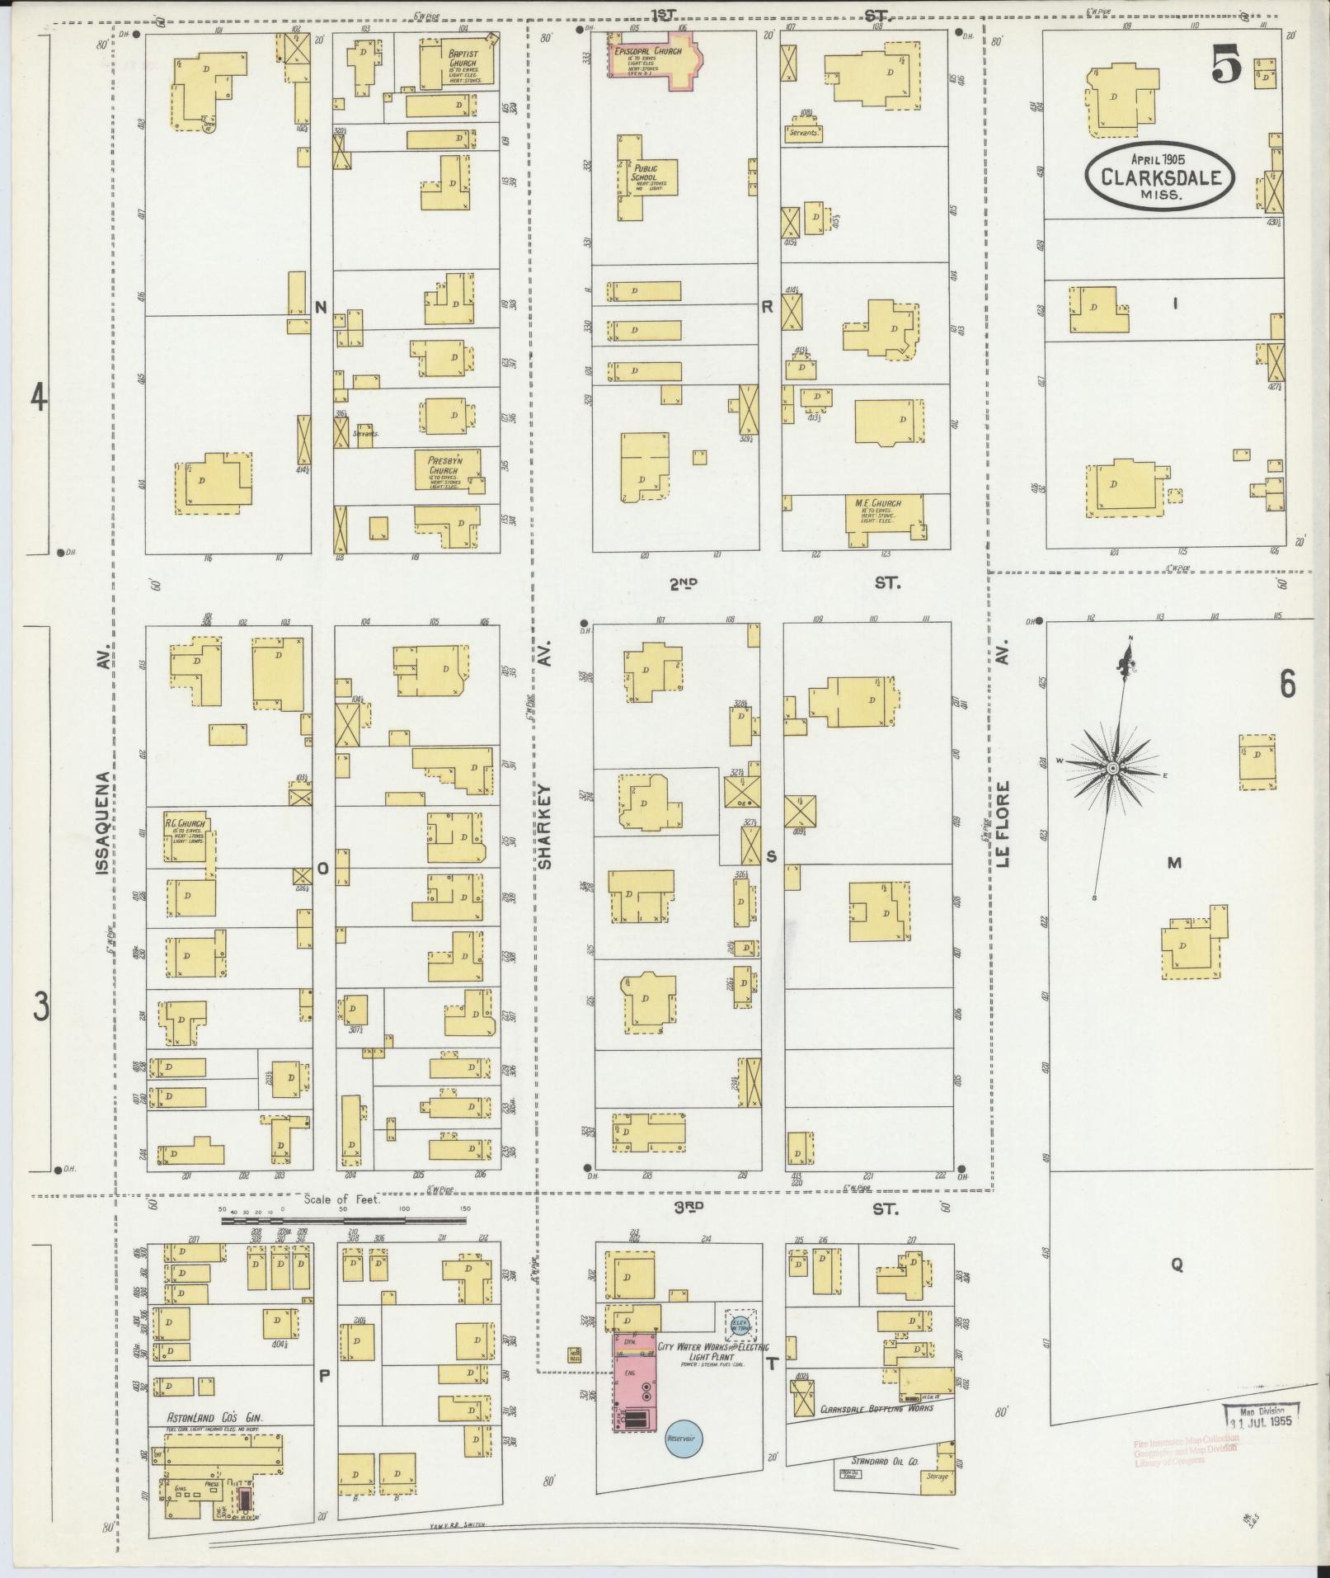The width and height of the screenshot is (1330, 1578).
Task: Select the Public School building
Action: pyautogui.click(x=646, y=178)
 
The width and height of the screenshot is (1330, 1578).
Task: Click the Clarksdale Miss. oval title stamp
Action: pyautogui.click(x=1159, y=177)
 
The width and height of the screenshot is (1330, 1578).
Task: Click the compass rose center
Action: pyautogui.click(x=1111, y=768)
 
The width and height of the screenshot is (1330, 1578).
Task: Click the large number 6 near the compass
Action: pyautogui.click(x=1287, y=685)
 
